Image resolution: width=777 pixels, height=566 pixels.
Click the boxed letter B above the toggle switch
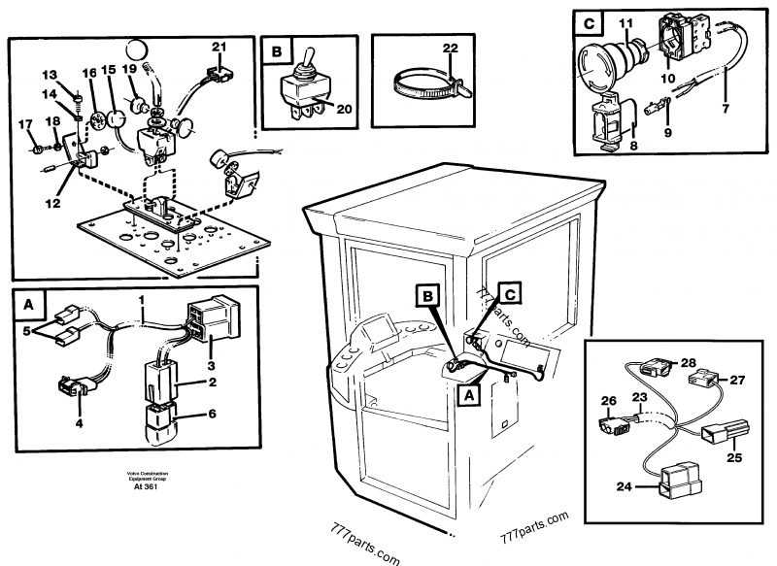[x=277, y=50]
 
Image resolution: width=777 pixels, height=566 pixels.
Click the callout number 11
[x=625, y=21]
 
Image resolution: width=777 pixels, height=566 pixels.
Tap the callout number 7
[x=725, y=109]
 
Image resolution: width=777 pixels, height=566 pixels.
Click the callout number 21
[x=219, y=46]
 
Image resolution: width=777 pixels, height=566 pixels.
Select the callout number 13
[x=50, y=75]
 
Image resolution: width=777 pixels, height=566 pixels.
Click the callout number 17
[x=26, y=122]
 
